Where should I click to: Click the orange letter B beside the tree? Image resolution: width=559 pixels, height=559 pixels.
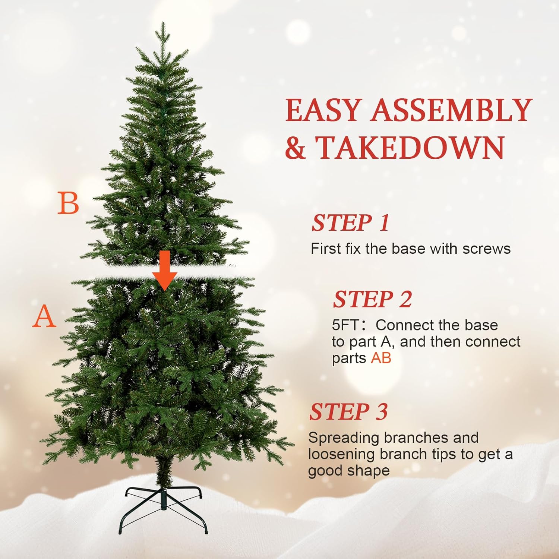point(68,203)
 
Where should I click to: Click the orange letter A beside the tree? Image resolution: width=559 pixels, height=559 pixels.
point(44,316)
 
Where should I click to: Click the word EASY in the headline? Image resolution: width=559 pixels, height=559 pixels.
point(323,110)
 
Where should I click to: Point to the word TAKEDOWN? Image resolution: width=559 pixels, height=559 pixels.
point(410,148)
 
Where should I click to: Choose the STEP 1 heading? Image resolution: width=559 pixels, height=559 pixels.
point(350,223)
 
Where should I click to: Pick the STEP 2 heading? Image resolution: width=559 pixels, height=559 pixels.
point(372,300)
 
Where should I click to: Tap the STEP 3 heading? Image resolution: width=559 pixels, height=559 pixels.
point(348,412)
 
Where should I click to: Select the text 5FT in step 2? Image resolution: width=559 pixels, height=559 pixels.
point(345,325)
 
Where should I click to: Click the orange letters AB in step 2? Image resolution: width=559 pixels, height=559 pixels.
point(381,358)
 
